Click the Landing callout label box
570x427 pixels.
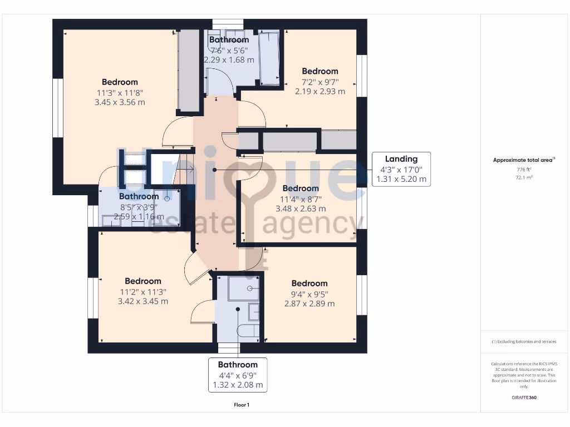(x=401, y=169)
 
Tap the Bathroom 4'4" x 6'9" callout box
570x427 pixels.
(x=238, y=375)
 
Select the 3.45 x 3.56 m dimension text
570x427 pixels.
(x=120, y=102)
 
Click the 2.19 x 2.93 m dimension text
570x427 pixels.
(x=320, y=91)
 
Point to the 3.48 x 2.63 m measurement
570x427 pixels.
(x=301, y=208)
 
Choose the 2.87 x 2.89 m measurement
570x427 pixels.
(x=309, y=304)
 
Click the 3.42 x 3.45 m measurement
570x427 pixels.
(x=143, y=301)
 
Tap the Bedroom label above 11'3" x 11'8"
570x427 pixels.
(x=120, y=82)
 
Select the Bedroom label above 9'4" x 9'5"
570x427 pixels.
(x=309, y=283)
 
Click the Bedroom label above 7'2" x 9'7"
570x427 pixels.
(x=320, y=71)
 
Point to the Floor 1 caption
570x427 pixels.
(x=242, y=405)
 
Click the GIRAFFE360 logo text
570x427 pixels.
(x=524, y=398)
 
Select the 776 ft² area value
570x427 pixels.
(x=524, y=169)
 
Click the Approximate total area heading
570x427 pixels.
(x=524, y=160)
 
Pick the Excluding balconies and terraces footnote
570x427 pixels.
(x=524, y=341)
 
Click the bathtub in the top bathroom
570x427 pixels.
(x=269, y=59)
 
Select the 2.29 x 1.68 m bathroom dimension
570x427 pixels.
(x=229, y=59)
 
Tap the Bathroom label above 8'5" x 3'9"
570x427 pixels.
(x=139, y=196)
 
